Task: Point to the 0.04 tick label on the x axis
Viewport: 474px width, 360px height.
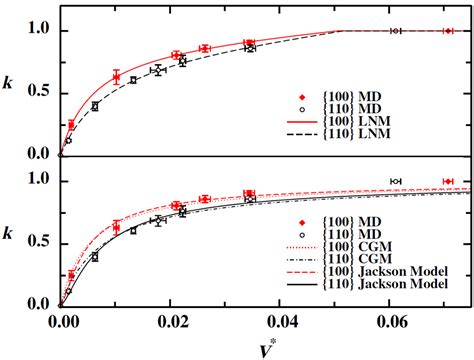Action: click(286, 323)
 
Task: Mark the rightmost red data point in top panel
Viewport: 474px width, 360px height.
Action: click(448, 31)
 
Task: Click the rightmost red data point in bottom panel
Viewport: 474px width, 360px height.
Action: click(448, 181)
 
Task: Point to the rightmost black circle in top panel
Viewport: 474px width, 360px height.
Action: click(396, 31)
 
